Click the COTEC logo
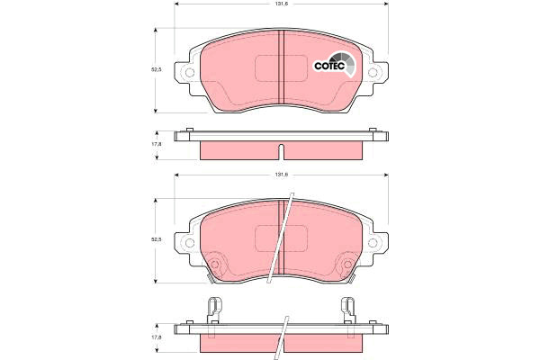(x=334, y=65)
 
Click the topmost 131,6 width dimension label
(x=281, y=4)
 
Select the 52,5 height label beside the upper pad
(x=157, y=69)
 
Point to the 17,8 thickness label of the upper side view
(x=157, y=144)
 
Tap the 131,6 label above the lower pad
(x=281, y=175)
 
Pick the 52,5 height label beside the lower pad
(x=157, y=239)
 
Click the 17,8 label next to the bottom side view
(x=157, y=338)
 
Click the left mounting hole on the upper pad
(x=190, y=73)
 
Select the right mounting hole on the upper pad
(x=373, y=73)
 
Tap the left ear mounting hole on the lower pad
(x=190, y=243)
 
